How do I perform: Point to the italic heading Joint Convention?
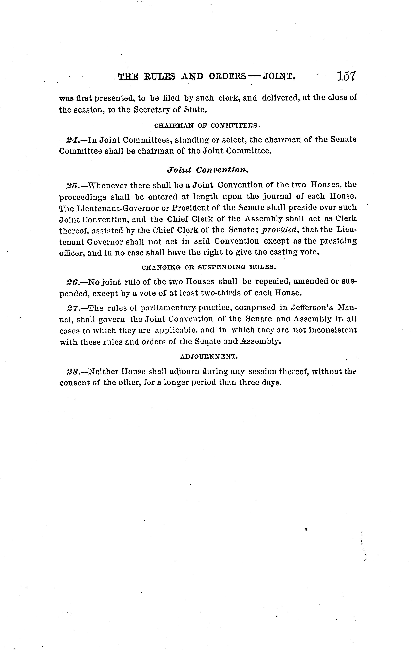pyautogui.click(x=207, y=170)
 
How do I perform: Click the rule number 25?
pyautogui.click(x=72, y=186)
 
